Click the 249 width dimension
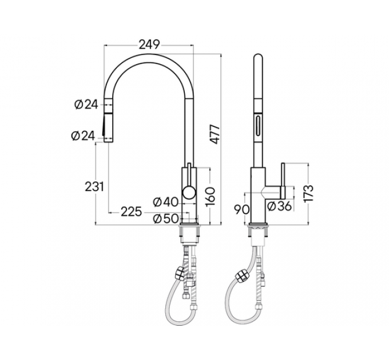point(148,44)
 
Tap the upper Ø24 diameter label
point(86,103)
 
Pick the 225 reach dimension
point(131,211)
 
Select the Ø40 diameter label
point(165,201)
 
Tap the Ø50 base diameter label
point(165,219)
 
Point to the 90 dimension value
point(243,209)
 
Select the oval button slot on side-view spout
point(259,123)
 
